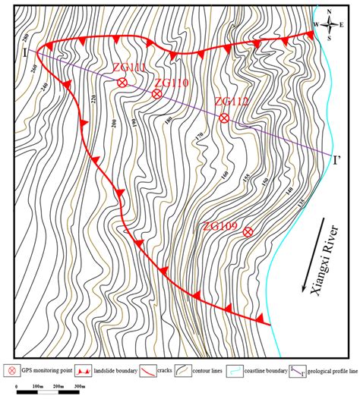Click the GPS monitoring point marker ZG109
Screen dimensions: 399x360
point(248,232)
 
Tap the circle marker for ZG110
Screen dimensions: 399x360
point(156,94)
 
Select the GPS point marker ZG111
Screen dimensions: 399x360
point(122,83)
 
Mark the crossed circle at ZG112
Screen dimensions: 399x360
point(224,118)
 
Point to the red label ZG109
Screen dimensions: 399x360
point(222,226)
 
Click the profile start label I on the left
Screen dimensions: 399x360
point(25,52)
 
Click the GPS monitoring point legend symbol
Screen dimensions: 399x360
point(12,371)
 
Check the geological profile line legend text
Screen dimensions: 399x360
point(324,372)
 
